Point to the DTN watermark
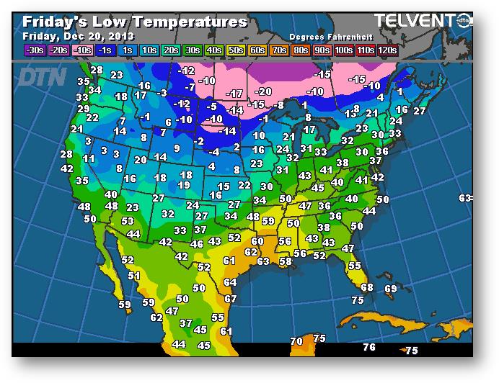coord(41,76)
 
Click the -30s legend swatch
coord(34,50)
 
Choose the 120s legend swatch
coord(387,50)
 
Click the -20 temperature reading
coord(263,91)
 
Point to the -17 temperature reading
coord(234,94)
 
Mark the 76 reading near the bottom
coord(369,347)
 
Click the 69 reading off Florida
coord(390,289)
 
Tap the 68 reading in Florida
coord(366,287)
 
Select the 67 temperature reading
coord(230,298)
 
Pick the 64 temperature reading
coord(229,282)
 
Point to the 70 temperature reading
coord(296,341)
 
